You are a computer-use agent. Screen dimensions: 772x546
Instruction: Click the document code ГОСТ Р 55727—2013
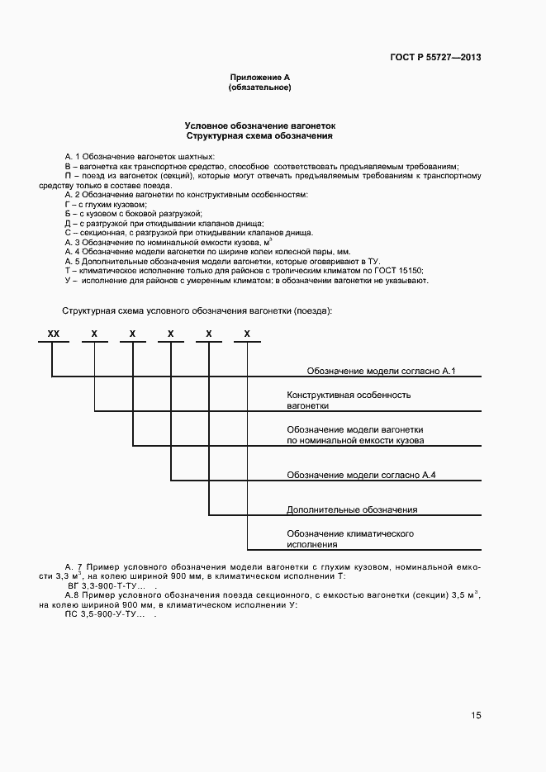[x=434, y=57]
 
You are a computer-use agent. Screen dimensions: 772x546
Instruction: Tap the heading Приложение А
[x=259, y=77]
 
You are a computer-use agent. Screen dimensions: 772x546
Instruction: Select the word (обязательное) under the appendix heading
[x=259, y=87]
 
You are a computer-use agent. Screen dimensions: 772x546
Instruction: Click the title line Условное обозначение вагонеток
[x=259, y=125]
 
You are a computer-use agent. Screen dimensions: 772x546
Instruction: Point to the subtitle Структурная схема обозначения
[x=259, y=135]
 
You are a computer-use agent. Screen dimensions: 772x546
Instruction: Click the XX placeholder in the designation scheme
[x=54, y=334]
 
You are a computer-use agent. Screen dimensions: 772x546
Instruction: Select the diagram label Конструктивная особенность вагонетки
[x=348, y=400]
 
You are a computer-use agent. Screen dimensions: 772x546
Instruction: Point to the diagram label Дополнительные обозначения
[x=352, y=509]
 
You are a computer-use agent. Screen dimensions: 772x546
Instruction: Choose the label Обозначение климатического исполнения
[x=349, y=539]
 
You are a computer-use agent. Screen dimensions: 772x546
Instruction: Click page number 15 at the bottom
[x=476, y=715]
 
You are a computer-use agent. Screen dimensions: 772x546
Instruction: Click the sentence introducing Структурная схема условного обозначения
[x=197, y=310]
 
